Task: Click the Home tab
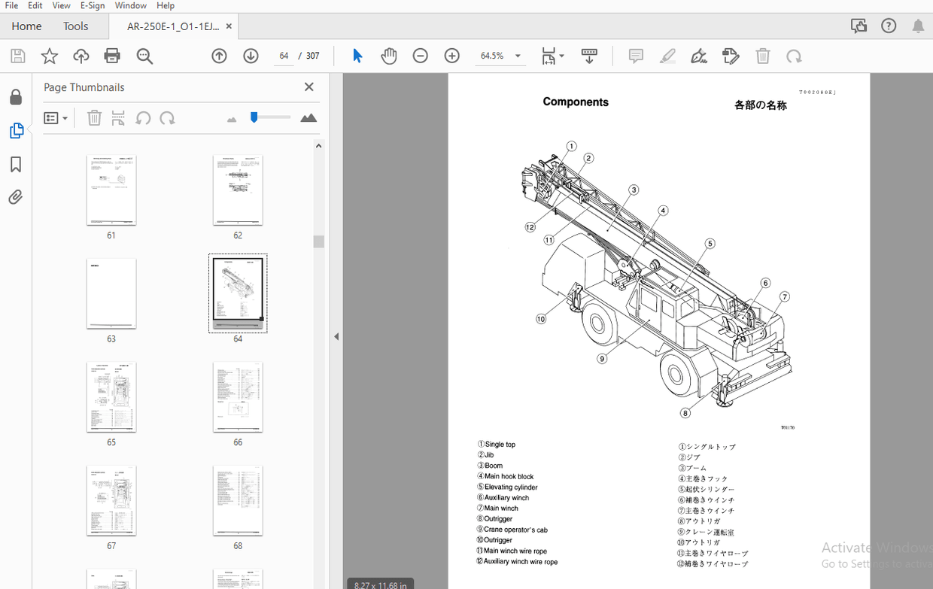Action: coord(26,26)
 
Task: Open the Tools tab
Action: coord(75,26)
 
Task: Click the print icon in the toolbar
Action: coord(112,56)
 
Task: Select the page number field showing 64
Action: coord(284,56)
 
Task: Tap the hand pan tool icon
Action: coord(388,56)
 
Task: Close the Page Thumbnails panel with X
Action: coord(308,87)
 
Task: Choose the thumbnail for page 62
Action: coord(238,190)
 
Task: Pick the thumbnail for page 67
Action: coord(111,500)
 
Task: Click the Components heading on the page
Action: coord(576,102)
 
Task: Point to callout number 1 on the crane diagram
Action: coord(571,146)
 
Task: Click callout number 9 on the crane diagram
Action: coord(601,359)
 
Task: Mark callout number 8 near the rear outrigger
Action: coord(685,412)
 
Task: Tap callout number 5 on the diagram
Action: coord(710,243)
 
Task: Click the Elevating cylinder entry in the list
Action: coord(511,487)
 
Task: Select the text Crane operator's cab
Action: coord(515,530)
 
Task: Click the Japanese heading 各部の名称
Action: coord(760,106)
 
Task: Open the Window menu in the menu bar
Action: coord(131,5)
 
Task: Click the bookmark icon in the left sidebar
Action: coord(16,165)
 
